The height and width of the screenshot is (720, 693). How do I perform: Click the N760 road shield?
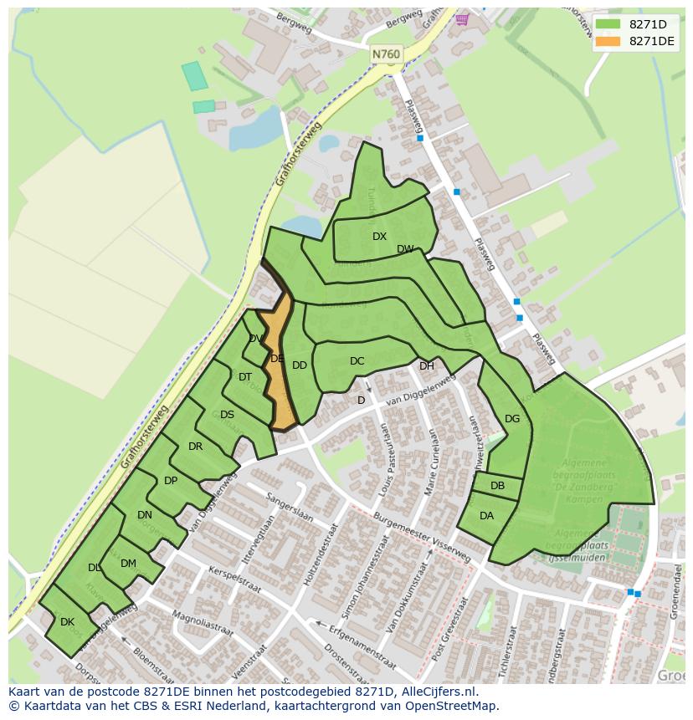(386, 54)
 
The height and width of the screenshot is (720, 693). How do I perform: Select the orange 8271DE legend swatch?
(608, 41)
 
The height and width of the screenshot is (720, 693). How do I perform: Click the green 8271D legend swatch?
(608, 24)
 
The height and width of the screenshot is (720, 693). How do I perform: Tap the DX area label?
(379, 237)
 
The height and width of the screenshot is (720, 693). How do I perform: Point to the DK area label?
(67, 622)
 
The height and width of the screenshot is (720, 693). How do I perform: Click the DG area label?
(512, 419)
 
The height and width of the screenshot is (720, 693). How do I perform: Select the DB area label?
(497, 486)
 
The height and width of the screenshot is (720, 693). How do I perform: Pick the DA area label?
(486, 516)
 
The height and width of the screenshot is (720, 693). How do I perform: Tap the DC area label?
(357, 361)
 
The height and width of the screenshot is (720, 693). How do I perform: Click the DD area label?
(299, 365)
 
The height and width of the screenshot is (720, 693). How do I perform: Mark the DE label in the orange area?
(277, 359)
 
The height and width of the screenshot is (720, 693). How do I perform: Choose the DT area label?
(244, 377)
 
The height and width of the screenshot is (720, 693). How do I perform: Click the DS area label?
(227, 415)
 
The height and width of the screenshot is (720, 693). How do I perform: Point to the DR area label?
(195, 447)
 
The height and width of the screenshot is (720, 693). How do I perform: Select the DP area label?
(170, 481)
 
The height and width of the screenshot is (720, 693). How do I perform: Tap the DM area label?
(128, 564)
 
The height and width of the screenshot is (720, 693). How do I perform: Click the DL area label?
(94, 568)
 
